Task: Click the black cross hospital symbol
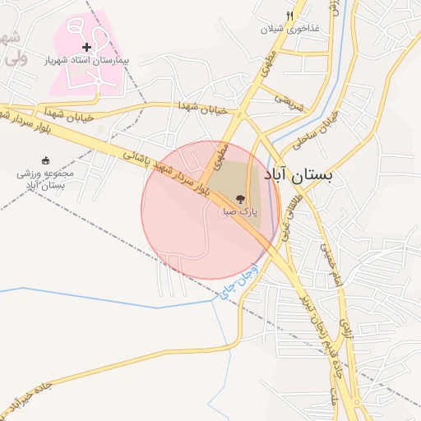(x=86, y=47)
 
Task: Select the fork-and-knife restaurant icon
(x=289, y=16)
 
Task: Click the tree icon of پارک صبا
(x=240, y=198)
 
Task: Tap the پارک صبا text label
(x=238, y=211)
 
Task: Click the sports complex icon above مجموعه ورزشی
(x=44, y=160)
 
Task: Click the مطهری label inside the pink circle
(x=219, y=154)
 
